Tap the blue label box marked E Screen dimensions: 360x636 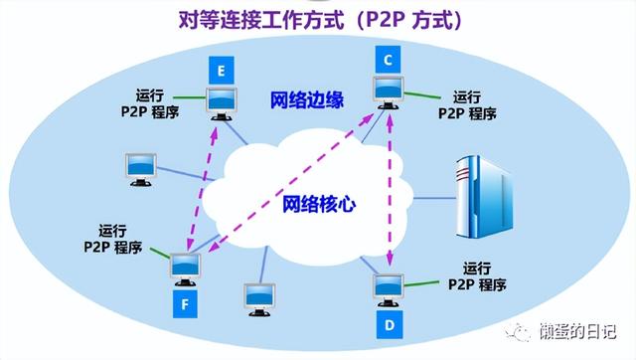tap(219, 70)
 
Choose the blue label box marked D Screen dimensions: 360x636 tap(391, 323)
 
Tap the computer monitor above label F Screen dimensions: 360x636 tap(185, 268)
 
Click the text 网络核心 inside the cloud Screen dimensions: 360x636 tap(319, 205)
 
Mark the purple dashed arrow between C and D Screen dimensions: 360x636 tap(390, 189)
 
